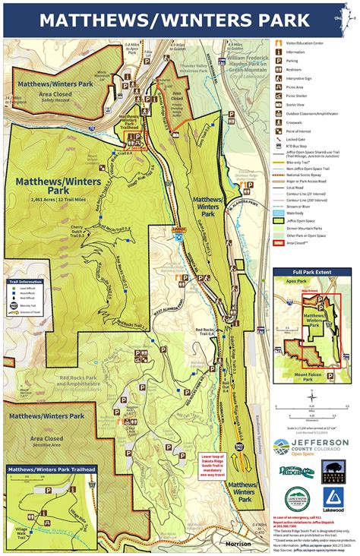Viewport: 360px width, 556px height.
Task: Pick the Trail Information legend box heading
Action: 24,281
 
